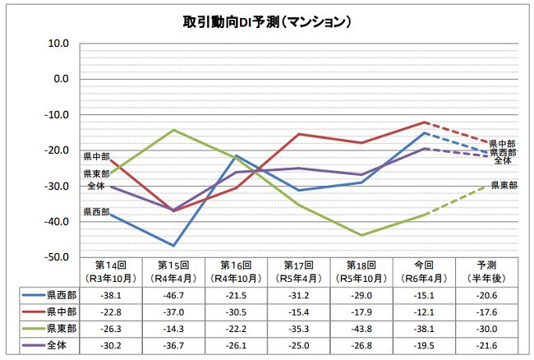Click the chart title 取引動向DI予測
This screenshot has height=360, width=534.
click(267, 20)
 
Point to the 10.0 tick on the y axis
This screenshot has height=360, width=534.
click(57, 43)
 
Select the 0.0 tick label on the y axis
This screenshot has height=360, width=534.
click(60, 79)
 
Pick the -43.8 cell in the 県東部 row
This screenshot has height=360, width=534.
click(361, 328)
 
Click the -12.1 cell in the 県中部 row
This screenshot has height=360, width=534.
click(425, 311)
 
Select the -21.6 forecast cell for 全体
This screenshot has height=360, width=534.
click(488, 345)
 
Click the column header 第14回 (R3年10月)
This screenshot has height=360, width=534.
click(110, 271)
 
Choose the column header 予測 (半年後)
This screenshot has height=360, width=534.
click(488, 271)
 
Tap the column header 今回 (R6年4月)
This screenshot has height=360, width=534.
click(425, 271)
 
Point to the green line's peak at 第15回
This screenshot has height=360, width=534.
click(173, 130)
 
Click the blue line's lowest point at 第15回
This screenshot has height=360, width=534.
click(173, 246)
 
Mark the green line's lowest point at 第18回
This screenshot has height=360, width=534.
click(362, 235)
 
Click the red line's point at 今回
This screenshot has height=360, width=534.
click(426, 122)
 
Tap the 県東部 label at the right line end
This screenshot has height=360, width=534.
click(504, 185)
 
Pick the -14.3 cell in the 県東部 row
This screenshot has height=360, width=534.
click(173, 328)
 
